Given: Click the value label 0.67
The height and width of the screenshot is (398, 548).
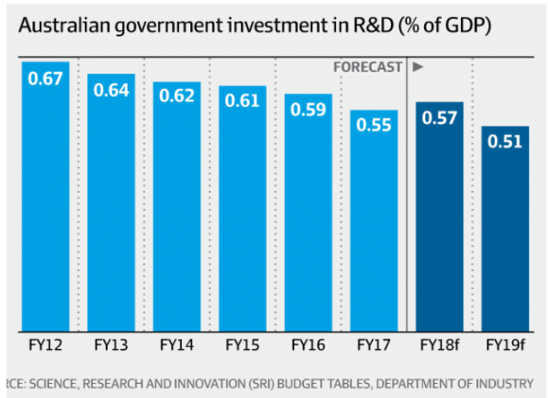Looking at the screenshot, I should click(46, 80).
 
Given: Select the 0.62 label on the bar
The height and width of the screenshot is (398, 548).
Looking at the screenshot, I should click(176, 96).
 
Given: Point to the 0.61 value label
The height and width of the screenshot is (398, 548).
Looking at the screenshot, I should click(242, 101).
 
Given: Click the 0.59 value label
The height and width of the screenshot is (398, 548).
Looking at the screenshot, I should click(307, 109).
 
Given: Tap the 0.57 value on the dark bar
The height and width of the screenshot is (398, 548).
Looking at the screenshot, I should click(438, 117).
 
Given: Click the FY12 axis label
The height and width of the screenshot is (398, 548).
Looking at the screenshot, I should click(45, 343).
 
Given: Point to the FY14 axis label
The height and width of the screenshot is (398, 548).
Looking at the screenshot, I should click(176, 343).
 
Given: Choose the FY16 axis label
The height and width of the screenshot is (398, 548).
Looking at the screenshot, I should click(307, 343).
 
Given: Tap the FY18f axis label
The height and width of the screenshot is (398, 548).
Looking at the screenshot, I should click(438, 343).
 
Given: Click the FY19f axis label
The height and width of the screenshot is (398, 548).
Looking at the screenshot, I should click(505, 343).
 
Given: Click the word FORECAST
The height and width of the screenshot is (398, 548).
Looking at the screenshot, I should click(367, 66).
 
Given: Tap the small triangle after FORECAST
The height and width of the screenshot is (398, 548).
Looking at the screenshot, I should click(418, 66).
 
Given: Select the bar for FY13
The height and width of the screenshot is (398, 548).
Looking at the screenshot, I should click(110, 216).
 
